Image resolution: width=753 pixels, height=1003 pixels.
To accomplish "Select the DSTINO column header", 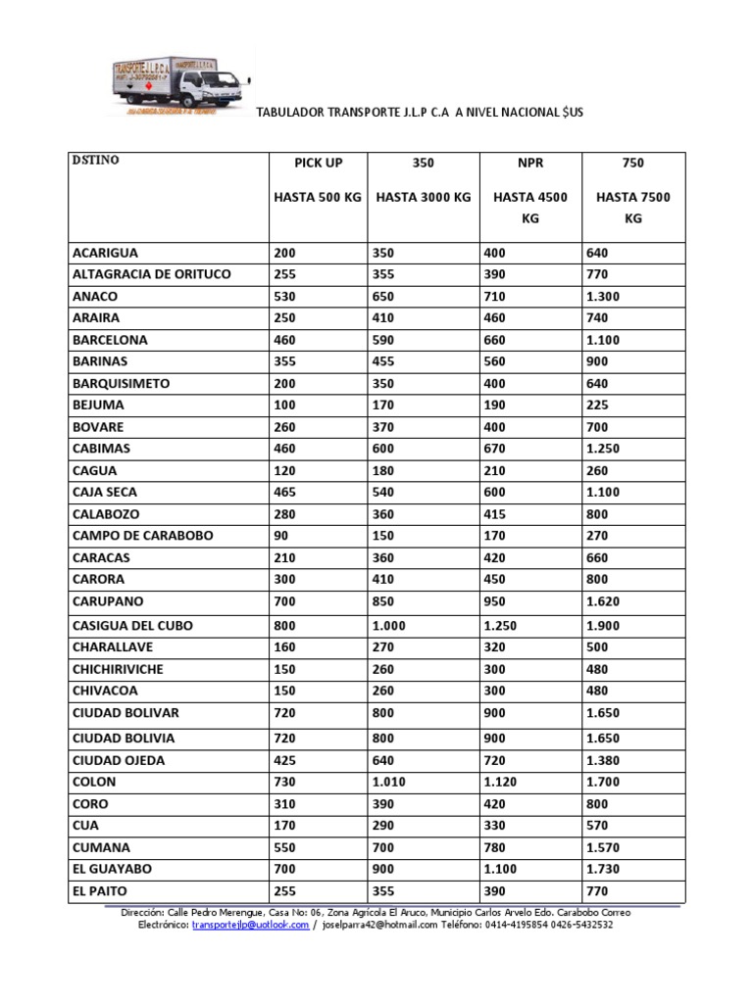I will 95,160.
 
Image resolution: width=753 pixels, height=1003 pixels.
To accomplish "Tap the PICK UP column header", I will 318,163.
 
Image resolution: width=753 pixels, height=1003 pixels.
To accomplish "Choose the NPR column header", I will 529,163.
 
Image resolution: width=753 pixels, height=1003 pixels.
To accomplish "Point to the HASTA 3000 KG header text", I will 423,197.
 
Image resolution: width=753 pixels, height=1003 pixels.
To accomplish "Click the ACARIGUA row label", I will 105,253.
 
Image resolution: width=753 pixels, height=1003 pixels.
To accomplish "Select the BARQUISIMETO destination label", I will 121,383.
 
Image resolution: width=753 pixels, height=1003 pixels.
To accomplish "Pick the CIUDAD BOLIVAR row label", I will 125,713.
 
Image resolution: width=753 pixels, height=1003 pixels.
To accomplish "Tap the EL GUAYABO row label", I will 112,869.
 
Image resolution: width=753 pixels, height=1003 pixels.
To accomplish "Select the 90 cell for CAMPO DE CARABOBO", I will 282,536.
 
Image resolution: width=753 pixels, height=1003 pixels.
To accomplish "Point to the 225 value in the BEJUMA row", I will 598,405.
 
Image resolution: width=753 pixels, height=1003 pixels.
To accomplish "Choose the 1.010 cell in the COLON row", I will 389,782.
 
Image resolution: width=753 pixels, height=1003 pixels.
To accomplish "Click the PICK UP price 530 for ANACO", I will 284,296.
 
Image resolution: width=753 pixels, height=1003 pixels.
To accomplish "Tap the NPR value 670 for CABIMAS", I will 496,448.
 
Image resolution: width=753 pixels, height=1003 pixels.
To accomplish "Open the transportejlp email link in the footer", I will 250,924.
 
